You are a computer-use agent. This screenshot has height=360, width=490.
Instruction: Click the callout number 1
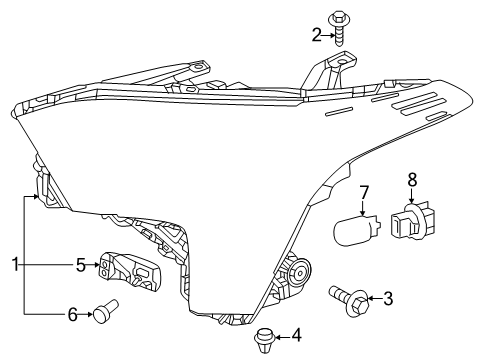pyautogui.click(x=15, y=264)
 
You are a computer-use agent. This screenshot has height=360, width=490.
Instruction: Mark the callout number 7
pyautogui.click(x=365, y=190)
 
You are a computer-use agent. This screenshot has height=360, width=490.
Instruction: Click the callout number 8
pyautogui.click(x=411, y=180)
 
